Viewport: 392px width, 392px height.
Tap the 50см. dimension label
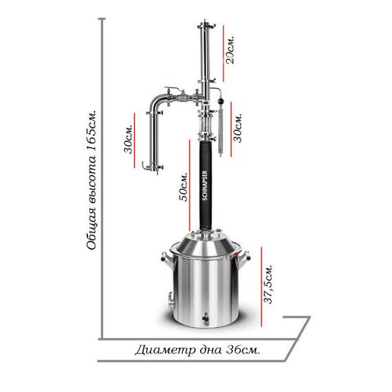pyautogui.click(x=183, y=186)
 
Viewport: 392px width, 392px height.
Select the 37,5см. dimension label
pyautogui.click(x=268, y=284)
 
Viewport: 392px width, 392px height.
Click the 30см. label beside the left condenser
pyautogui.click(x=128, y=138)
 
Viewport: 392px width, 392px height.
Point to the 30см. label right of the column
pyautogui.click(x=238, y=128)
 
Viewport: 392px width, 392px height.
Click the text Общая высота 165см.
pyautogui.click(x=91, y=179)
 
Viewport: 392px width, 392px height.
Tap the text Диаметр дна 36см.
pyautogui.click(x=197, y=350)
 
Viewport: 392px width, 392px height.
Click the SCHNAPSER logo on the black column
pyautogui.click(x=205, y=186)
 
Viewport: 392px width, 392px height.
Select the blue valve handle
pyautogui.click(x=171, y=89)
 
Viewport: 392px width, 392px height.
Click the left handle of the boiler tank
pyautogui.click(x=167, y=258)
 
